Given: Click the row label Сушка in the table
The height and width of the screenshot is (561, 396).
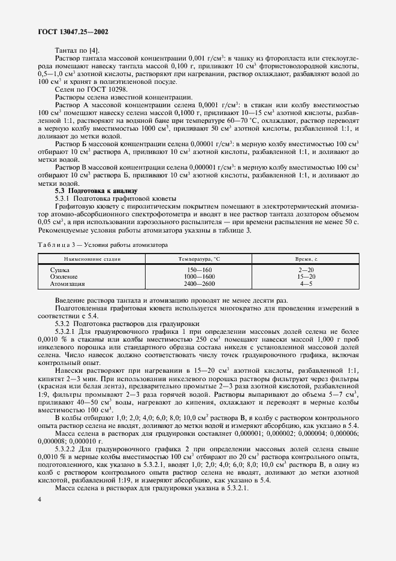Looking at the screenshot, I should click(x=61, y=270).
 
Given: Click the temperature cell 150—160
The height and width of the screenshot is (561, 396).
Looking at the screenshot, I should click(x=199, y=270).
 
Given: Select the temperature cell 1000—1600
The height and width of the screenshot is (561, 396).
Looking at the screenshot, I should click(x=199, y=277).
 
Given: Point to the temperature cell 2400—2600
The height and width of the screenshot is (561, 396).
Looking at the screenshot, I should click(x=199, y=283).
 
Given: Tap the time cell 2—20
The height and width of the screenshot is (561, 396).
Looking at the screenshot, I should click(x=307, y=270).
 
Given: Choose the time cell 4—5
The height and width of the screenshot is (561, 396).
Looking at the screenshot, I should click(x=307, y=283).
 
